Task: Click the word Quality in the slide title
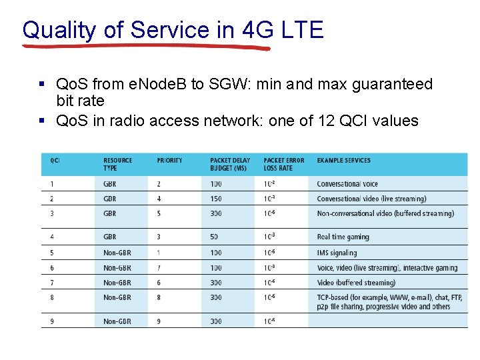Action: click(59, 30)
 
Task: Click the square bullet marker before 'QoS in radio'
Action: click(42, 121)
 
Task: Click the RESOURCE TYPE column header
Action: click(118, 164)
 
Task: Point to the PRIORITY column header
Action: click(169, 161)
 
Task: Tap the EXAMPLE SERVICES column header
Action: click(343, 161)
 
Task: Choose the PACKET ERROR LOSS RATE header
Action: click(283, 164)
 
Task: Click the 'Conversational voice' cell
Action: click(347, 184)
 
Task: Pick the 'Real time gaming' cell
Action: click(343, 237)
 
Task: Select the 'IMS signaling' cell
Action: click(337, 253)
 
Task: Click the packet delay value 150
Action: click(216, 199)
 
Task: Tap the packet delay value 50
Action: click(215, 237)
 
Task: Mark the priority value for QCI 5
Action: click(159, 253)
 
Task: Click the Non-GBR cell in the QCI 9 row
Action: click(117, 321)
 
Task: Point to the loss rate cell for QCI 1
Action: click(270, 184)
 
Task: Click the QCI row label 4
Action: click(52, 237)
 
